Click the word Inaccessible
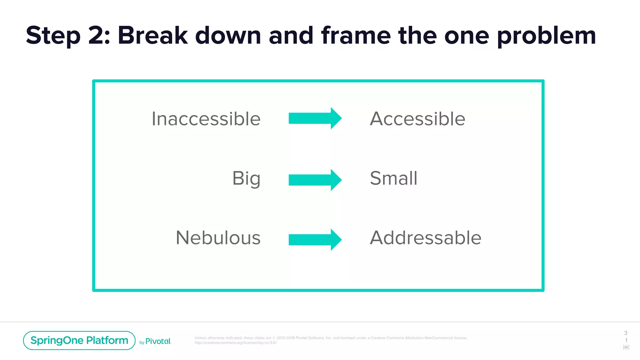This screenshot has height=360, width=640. coord(206,119)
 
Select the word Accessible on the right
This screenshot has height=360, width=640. coord(417,119)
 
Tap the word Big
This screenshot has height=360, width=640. coord(246,178)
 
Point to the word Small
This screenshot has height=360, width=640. coord(393,178)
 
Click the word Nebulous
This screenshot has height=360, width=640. coord(218,237)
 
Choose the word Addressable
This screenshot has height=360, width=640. coord(426,237)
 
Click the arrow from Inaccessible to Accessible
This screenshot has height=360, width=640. coord(315,118)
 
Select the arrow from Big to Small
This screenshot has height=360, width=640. coord(315,180)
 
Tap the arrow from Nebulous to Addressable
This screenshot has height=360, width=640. coord(315,240)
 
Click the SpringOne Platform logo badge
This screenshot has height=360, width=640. coord(79,340)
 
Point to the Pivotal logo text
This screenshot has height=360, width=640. coord(158,341)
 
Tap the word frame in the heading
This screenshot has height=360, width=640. coord(356,35)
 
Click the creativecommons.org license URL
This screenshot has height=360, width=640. coord(236,343)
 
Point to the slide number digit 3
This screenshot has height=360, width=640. coord(626,333)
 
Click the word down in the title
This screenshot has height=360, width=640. coord(228,35)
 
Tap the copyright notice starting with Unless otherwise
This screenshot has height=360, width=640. coord(331,338)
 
